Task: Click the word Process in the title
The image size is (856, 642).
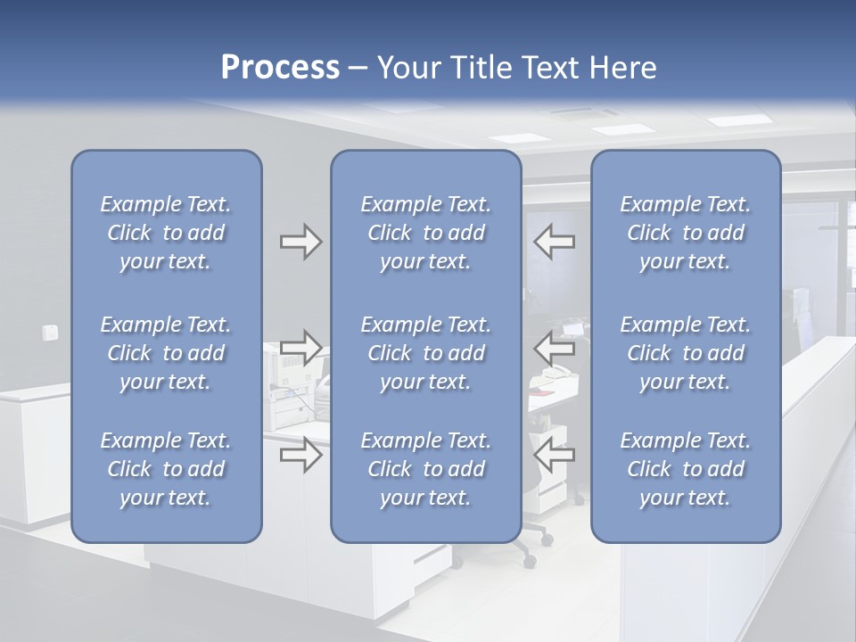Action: [280, 68]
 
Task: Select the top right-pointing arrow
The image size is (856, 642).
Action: [300, 242]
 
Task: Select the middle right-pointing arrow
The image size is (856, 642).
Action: [300, 348]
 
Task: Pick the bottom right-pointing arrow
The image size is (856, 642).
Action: [300, 456]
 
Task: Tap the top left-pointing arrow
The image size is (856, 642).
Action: [555, 242]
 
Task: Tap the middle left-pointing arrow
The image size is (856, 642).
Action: [555, 348]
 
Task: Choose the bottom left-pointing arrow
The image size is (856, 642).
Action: [555, 456]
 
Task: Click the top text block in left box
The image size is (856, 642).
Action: [166, 233]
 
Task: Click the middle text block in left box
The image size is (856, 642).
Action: [166, 353]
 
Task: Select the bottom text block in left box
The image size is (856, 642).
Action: [166, 469]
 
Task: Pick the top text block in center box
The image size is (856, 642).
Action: [425, 233]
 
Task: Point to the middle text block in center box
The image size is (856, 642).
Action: [425, 353]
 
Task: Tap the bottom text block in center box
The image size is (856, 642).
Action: [425, 469]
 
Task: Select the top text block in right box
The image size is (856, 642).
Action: [685, 233]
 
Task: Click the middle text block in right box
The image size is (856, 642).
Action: [685, 353]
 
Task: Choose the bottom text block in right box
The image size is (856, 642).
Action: [685, 469]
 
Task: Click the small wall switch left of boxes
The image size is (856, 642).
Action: [51, 333]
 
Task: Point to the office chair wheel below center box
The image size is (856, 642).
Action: [531, 562]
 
